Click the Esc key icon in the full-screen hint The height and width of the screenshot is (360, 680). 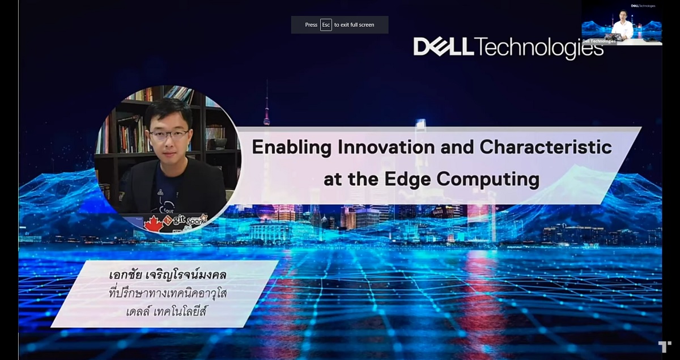tap(326, 25)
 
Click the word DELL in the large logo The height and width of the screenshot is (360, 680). tap(443, 46)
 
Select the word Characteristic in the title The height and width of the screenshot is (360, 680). tap(546, 147)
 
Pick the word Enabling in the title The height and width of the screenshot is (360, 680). tap(291, 147)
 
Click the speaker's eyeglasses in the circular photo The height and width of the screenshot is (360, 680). tap(169, 135)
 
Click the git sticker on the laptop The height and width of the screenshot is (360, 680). tap(175, 220)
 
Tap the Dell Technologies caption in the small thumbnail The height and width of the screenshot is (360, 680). tap(599, 41)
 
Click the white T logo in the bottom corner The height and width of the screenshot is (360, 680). tap(665, 347)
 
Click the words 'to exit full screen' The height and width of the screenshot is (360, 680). tap(354, 25)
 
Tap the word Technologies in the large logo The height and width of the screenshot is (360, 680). tap(539, 48)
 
